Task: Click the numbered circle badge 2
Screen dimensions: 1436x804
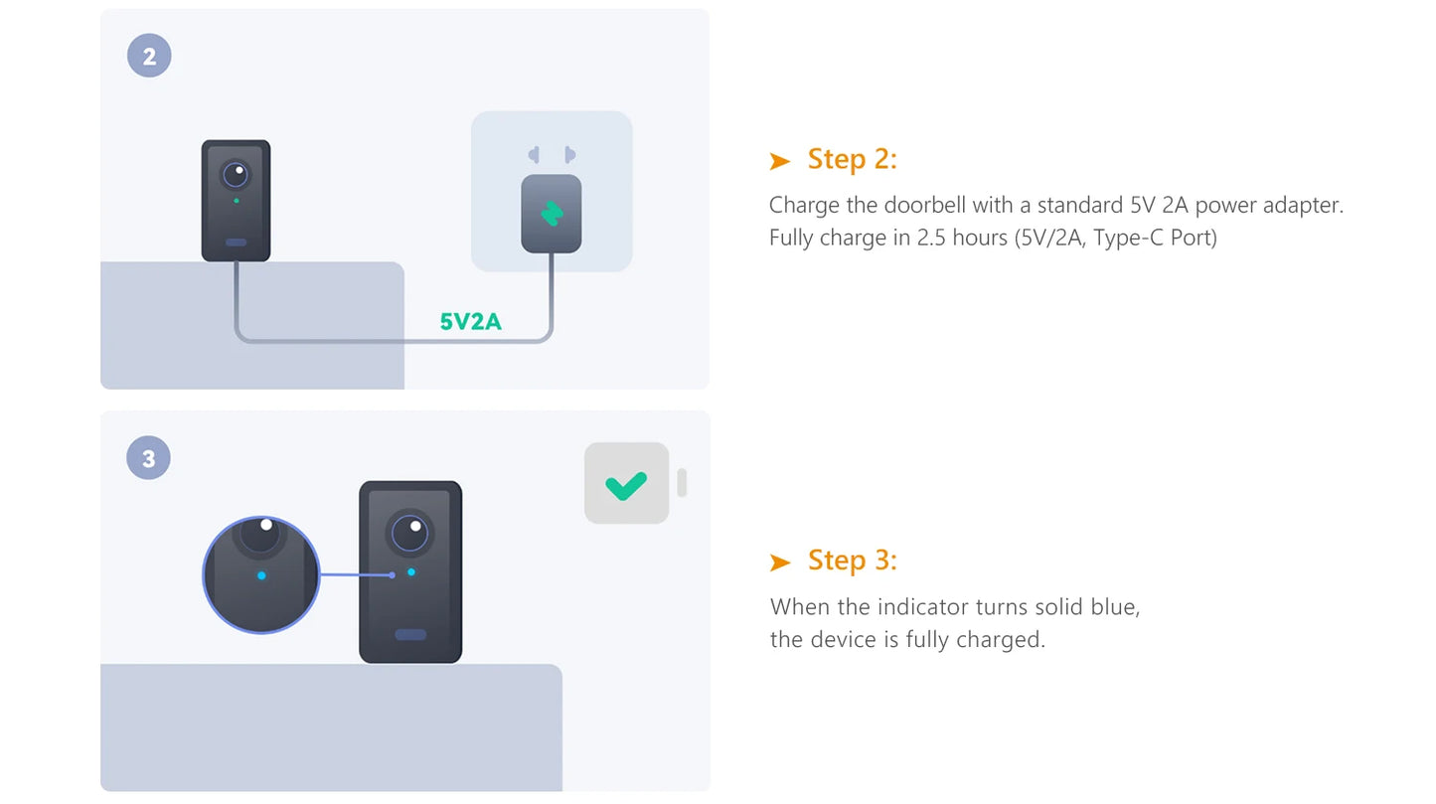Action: point(149,56)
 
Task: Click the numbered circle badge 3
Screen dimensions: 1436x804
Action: point(149,458)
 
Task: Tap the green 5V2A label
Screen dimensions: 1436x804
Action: point(470,321)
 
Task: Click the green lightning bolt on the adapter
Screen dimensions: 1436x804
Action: point(552,214)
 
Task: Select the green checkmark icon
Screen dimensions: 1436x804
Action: point(626,485)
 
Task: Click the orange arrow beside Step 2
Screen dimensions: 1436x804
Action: point(779,160)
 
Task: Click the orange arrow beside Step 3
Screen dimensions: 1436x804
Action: point(779,563)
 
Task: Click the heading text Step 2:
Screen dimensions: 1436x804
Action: point(852,159)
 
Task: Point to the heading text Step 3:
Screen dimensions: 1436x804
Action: point(852,561)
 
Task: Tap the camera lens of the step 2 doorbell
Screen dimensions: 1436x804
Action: point(236,174)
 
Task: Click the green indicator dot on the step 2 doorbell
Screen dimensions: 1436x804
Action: point(237,201)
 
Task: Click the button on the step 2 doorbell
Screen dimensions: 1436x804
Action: point(236,242)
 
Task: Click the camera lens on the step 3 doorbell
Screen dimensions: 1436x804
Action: point(409,533)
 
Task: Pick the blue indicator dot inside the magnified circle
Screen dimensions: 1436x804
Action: point(261,575)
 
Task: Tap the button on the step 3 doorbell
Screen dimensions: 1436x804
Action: point(410,635)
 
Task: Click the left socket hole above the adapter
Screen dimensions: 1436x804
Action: point(534,154)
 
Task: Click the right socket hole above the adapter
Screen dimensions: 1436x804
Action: point(569,154)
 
